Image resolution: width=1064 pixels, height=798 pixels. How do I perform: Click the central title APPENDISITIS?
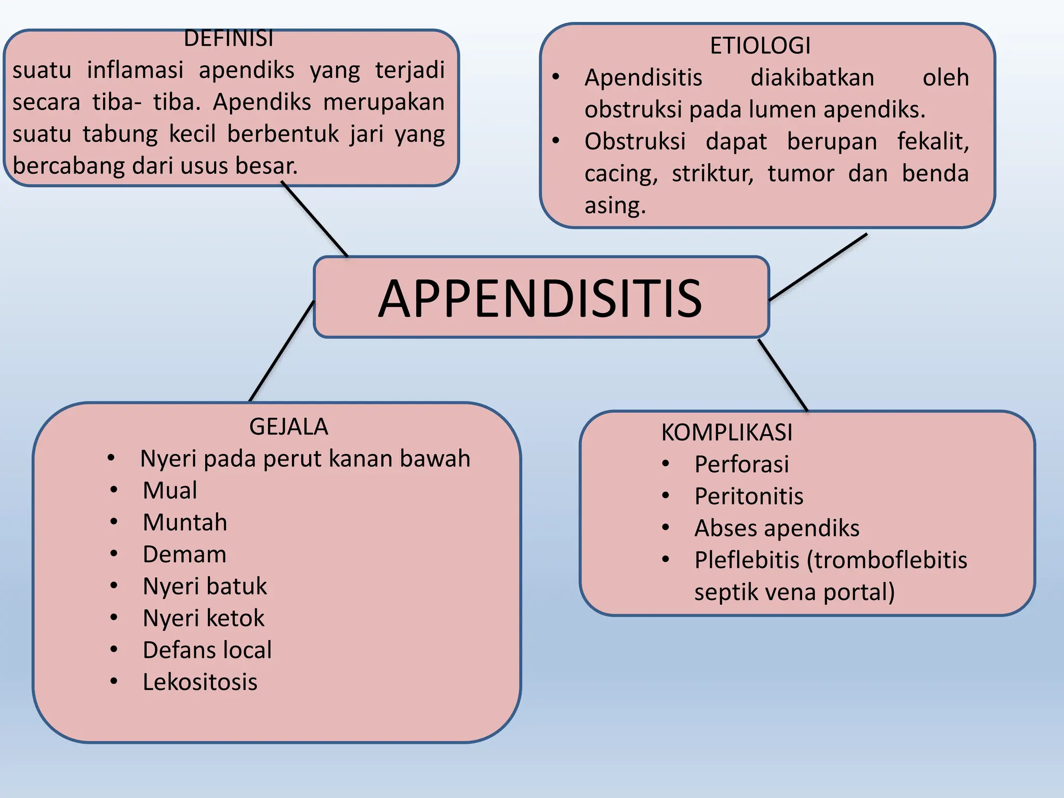(x=540, y=298)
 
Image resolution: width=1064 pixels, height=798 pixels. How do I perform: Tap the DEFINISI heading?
(x=229, y=39)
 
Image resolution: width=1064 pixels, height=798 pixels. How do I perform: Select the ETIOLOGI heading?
(x=760, y=46)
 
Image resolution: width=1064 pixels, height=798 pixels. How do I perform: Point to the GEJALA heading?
(x=288, y=427)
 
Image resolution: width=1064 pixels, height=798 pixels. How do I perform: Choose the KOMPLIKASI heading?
(x=727, y=432)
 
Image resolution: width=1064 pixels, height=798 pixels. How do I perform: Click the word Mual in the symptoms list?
(x=170, y=490)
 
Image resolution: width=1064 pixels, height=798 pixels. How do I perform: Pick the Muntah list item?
(x=185, y=523)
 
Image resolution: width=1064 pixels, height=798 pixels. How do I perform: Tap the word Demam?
(x=184, y=554)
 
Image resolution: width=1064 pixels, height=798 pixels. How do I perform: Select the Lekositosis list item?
(x=200, y=682)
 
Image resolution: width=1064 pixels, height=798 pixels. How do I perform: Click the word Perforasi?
(x=741, y=464)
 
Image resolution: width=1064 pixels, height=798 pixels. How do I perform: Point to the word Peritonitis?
(x=749, y=496)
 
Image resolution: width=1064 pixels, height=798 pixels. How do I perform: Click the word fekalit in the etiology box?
(x=933, y=141)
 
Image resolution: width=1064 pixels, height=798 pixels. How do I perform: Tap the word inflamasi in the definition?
(x=135, y=70)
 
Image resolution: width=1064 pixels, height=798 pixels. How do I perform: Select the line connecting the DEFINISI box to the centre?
(x=315, y=219)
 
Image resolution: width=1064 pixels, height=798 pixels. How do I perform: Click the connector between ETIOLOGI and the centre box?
(x=818, y=267)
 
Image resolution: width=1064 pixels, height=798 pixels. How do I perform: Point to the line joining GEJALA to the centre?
(x=282, y=351)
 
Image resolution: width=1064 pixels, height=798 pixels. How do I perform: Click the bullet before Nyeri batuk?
(x=114, y=586)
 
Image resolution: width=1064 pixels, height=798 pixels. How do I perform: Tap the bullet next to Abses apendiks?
(x=666, y=528)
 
